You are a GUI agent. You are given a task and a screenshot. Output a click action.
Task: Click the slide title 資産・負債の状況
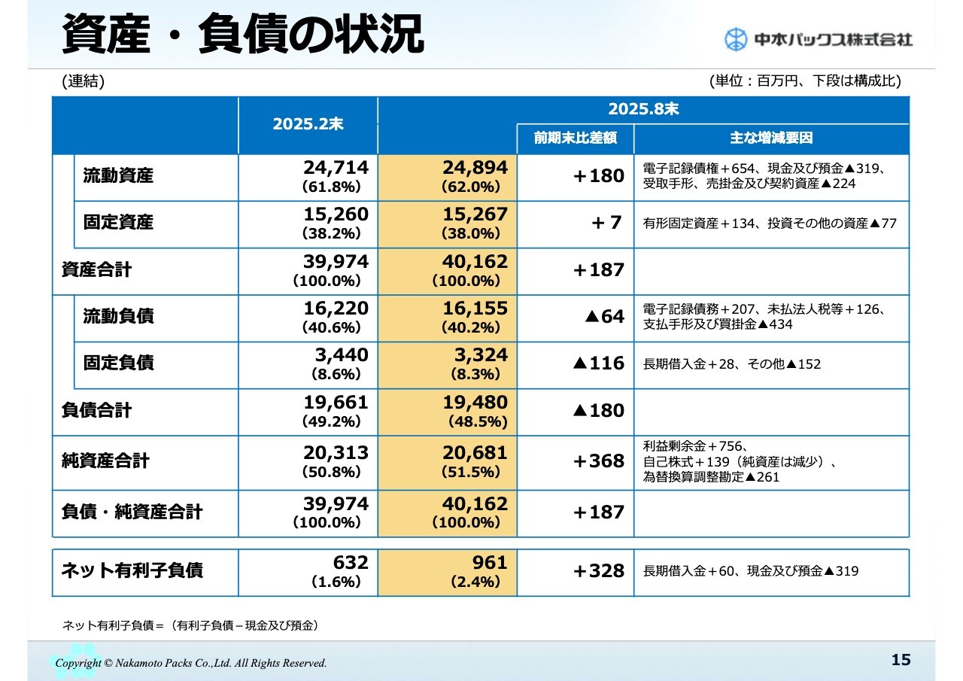point(242,35)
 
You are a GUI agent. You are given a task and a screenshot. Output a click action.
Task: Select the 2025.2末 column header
point(308,125)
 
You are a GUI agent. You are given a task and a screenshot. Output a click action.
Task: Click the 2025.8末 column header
point(643,110)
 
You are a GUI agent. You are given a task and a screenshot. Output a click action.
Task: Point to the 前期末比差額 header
point(576,138)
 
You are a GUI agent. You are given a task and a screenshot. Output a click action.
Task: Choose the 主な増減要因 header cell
point(771,138)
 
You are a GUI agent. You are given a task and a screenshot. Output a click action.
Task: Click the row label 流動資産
point(118,176)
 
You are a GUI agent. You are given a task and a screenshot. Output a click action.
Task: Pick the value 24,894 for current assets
point(475,167)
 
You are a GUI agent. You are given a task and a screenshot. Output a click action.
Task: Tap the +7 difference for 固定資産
point(606,223)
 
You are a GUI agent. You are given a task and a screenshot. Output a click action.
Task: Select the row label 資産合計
point(96,269)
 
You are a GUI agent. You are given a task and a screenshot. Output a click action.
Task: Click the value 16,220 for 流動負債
point(336,309)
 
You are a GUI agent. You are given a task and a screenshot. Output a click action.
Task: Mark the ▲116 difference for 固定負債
point(598,363)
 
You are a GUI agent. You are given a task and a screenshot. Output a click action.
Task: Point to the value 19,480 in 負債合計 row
point(475,403)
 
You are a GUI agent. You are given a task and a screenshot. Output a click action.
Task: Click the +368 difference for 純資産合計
point(599,461)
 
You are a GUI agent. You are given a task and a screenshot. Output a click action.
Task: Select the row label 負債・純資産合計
point(132,512)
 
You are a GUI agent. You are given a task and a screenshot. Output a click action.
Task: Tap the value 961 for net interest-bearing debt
point(490,563)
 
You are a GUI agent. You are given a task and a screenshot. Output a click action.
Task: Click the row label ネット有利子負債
point(132,570)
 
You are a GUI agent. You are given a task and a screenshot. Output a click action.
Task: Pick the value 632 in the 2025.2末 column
point(351,563)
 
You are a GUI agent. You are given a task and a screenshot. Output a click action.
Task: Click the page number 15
point(901,660)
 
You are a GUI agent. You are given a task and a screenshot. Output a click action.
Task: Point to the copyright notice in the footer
point(191,663)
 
